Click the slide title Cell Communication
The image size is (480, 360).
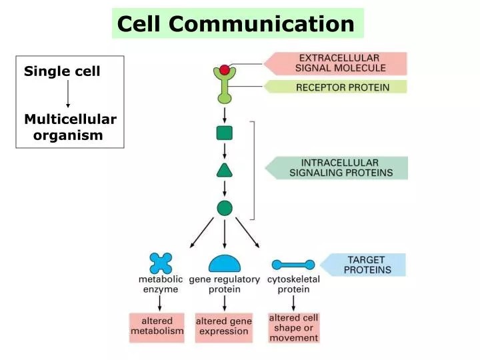point(236,24)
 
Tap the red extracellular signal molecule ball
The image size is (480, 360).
point(225,70)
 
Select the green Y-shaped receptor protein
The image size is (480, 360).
point(225,89)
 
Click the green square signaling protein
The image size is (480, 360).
point(225,133)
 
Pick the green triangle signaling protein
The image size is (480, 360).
point(225,170)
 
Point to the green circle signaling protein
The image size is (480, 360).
point(225,208)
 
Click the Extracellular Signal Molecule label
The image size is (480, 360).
point(339,63)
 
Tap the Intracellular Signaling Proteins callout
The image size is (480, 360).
point(340,167)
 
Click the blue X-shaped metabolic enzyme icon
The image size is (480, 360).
point(161,263)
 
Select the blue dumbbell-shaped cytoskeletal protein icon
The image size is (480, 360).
point(293,265)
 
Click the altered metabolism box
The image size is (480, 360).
point(157,327)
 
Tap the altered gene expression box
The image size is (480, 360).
point(224,327)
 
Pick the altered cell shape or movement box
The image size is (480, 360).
point(293,327)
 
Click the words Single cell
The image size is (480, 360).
point(62,71)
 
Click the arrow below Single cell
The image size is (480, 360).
point(68,93)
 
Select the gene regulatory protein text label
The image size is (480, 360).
point(225,285)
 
